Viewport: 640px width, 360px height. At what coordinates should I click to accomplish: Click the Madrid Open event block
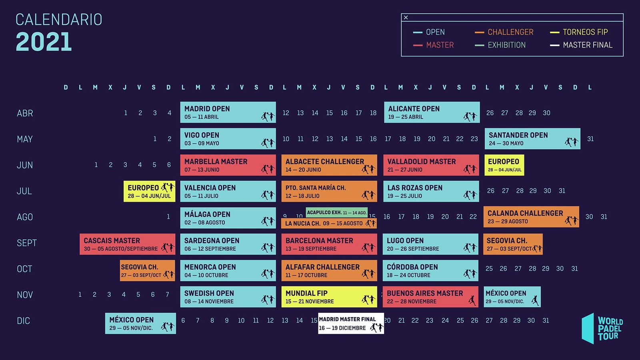tap(228, 112)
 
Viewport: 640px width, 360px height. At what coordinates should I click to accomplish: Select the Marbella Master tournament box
tap(228, 165)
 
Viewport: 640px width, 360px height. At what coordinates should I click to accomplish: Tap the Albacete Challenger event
tap(329, 165)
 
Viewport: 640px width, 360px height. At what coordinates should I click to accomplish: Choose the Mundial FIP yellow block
tap(329, 297)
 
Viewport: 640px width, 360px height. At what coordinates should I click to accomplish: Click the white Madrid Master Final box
tap(350, 324)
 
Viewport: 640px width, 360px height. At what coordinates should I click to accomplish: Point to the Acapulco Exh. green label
tap(336, 212)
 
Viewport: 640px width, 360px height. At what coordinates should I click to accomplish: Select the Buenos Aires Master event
tap(430, 297)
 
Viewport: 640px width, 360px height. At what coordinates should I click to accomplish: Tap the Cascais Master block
tap(127, 244)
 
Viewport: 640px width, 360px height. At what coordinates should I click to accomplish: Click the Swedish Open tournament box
tap(228, 297)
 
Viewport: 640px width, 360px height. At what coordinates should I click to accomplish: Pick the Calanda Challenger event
tap(531, 217)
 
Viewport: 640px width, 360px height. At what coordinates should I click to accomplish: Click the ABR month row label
tap(25, 113)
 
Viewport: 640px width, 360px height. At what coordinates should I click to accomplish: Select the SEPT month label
tap(26, 243)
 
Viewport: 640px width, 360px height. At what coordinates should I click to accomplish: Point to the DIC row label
tap(23, 321)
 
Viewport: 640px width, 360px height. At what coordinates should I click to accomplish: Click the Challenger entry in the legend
tap(510, 32)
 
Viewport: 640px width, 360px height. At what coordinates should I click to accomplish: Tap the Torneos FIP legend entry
tap(585, 32)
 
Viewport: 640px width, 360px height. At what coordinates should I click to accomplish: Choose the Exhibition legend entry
tap(506, 45)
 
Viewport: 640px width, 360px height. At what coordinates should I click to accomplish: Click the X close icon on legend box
tap(406, 18)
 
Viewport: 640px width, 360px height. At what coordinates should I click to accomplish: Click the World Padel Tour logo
tap(602, 328)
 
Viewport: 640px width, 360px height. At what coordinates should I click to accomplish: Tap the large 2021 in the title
tap(44, 42)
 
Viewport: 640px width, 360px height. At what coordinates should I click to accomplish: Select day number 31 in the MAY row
tap(590, 139)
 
